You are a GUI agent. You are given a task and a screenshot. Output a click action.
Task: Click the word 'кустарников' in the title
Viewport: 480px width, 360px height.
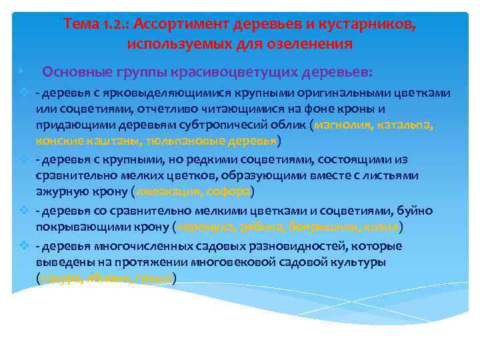372,25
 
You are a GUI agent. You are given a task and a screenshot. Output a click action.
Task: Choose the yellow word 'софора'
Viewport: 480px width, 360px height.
230,192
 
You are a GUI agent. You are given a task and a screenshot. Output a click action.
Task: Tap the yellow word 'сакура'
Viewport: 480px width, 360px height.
59,278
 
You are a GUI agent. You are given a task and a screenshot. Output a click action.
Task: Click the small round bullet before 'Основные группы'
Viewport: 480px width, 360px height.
21,71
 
